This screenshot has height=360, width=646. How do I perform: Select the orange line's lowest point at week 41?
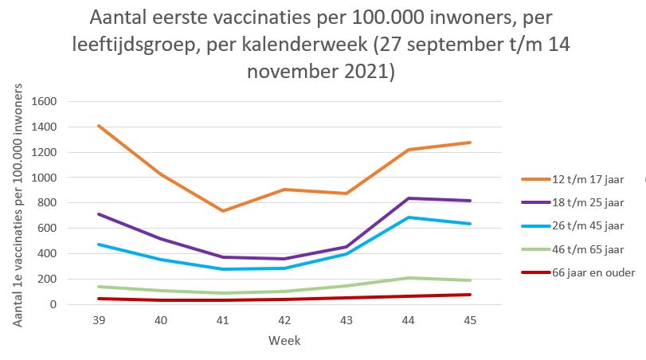[224, 211]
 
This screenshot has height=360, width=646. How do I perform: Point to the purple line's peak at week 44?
[409, 198]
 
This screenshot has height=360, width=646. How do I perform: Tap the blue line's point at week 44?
[409, 217]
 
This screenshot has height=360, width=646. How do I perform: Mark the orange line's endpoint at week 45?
[470, 143]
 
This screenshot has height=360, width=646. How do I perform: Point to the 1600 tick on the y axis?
[45, 102]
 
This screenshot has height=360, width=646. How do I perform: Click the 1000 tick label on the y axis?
[45, 178]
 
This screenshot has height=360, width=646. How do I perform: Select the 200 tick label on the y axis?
[49, 279]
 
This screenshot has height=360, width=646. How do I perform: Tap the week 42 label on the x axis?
[285, 320]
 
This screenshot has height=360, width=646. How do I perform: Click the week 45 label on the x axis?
[470, 320]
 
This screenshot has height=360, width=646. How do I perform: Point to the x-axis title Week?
[284, 340]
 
